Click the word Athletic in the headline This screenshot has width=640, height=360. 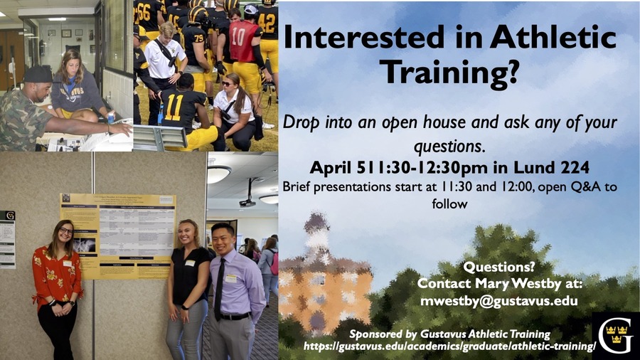click(553, 37)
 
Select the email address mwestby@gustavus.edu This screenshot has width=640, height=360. click(499, 301)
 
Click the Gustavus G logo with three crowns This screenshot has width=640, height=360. click(616, 336)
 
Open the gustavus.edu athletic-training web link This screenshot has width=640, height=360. click(449, 346)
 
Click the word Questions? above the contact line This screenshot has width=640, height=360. click(499, 268)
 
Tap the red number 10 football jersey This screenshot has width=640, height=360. click(244, 41)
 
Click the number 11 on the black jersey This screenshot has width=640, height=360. click(174, 107)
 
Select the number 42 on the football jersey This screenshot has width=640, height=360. click(267, 23)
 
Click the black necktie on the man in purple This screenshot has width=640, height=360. click(219, 290)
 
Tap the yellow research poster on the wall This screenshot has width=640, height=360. click(118, 236)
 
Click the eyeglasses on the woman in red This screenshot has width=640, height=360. click(65, 231)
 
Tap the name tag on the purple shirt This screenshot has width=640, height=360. click(231, 278)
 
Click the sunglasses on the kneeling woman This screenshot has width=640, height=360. click(227, 84)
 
